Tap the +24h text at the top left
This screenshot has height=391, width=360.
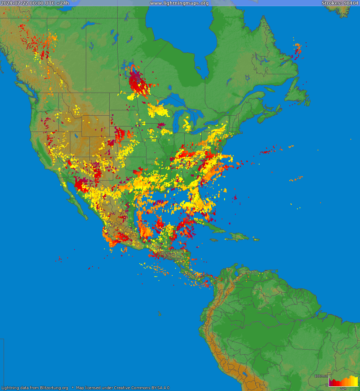pos(63,3)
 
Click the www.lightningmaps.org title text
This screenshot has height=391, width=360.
pos(179,3)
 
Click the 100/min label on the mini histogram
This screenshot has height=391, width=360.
pos(321,376)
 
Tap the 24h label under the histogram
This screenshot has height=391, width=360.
pos(343,389)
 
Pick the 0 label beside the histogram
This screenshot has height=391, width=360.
pos(327,385)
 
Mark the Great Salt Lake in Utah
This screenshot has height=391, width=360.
pos(76,136)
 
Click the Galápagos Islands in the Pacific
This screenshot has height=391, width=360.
pos(159,314)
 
